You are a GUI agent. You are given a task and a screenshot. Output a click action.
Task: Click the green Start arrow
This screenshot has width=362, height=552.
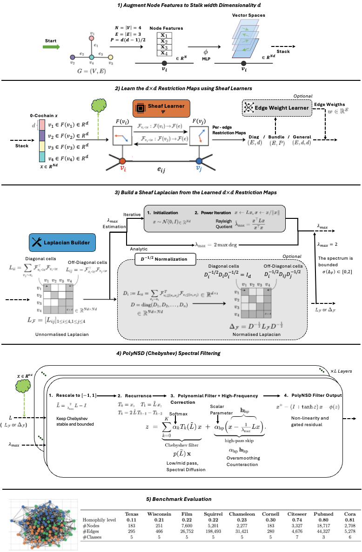pos(54,46)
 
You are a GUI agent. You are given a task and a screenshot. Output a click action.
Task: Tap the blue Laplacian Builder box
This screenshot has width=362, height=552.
pos(62,242)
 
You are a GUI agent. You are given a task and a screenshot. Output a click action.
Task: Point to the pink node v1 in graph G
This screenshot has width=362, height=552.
pos(92,38)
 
